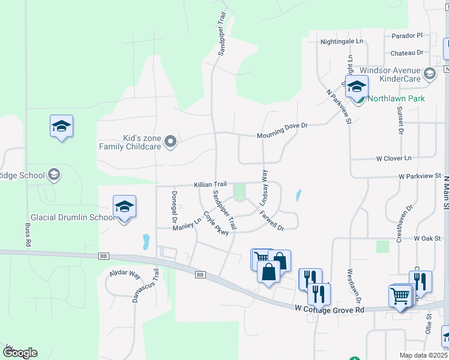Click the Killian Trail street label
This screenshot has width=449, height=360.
click(210, 185)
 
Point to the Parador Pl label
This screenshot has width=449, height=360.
click(407, 36)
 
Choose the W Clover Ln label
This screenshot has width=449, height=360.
click(394, 158)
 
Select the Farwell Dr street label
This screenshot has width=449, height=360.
click(271, 223)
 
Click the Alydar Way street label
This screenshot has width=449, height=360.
click(124, 274)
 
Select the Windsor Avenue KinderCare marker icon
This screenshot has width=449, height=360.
click(429, 74)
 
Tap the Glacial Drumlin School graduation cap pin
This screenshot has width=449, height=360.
click(124, 208)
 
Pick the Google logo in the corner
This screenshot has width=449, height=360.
click(20, 353)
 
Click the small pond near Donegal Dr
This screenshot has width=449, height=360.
click(146, 242)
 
